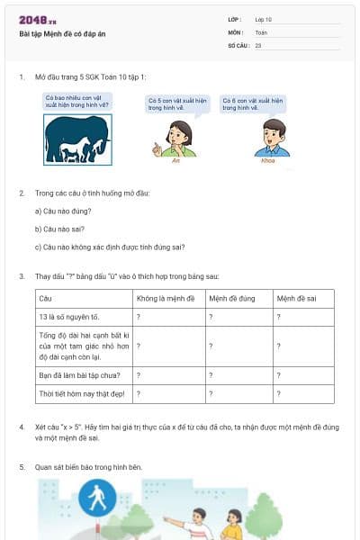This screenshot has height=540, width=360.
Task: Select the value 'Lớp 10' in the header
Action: [x=264, y=19]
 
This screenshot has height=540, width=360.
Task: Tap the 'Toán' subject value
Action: [x=261, y=31]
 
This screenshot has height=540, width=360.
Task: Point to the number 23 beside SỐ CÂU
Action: [x=258, y=44]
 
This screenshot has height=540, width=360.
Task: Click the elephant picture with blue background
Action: [x=78, y=139]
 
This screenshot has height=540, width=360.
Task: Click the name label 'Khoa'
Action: [x=267, y=161]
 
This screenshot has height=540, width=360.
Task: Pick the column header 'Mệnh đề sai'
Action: [x=294, y=297]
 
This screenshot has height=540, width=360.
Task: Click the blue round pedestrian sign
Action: [x=93, y=498]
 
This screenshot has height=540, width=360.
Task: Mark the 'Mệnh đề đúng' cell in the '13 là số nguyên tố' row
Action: [x=238, y=317]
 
